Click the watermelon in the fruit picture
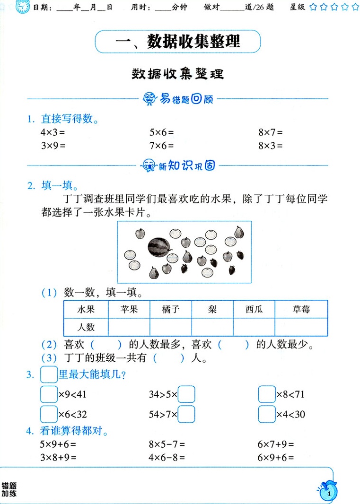click(x=158, y=246)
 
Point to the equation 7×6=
click(x=161, y=146)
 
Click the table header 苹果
click(x=129, y=310)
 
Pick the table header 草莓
click(x=301, y=310)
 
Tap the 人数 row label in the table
click(x=86, y=327)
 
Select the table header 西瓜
click(x=254, y=310)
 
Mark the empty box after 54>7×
click(x=186, y=415)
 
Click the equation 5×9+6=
click(x=58, y=444)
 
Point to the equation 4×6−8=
click(x=167, y=457)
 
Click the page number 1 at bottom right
click(x=328, y=494)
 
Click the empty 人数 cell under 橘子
click(x=171, y=327)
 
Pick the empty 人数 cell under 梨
click(x=212, y=327)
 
